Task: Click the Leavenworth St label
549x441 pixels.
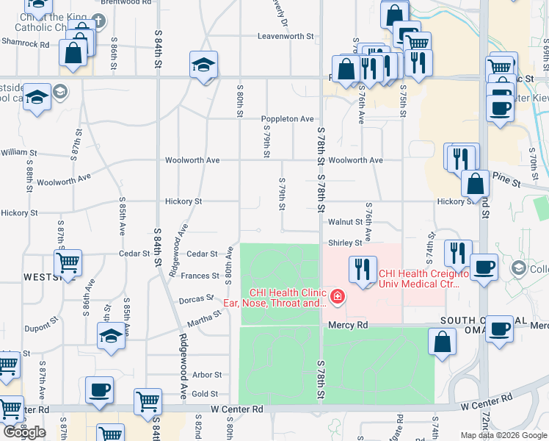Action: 286,36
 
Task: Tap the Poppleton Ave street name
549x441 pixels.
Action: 288,119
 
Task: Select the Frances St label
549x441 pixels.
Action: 205,276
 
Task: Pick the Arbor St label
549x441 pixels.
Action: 206,375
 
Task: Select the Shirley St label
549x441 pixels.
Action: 345,243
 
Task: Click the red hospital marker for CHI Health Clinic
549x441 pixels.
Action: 337,298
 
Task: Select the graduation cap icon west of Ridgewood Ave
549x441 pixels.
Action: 111,335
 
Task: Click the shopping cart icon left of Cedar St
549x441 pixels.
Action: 68,262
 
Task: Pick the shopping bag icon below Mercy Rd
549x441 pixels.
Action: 442,342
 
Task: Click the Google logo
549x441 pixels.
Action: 24,432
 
